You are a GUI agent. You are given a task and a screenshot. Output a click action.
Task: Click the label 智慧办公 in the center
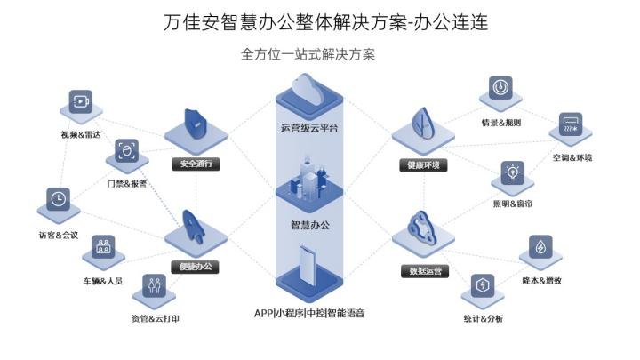310,225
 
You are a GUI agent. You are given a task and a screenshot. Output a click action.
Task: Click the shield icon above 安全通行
194,124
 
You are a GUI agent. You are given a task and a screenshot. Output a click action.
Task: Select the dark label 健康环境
423,164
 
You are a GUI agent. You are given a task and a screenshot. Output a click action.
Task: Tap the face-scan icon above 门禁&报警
126,152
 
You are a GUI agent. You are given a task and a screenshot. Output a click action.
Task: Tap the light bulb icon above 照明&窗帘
512,172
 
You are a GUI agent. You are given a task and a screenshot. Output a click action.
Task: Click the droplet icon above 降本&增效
540,249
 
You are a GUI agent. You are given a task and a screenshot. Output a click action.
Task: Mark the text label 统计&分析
483,318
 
